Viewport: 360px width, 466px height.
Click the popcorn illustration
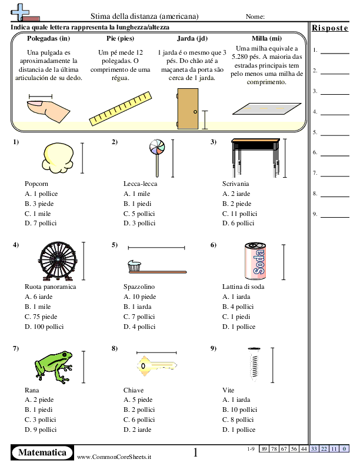tap(57, 158)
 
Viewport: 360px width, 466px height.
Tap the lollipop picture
tap(157, 154)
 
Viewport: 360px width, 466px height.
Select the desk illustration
tap(254, 156)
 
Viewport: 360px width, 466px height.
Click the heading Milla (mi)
tap(262, 38)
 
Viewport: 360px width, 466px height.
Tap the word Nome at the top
tap(255, 16)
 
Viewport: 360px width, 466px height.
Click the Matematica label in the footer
tap(42, 452)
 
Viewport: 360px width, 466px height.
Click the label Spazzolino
tap(139, 287)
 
